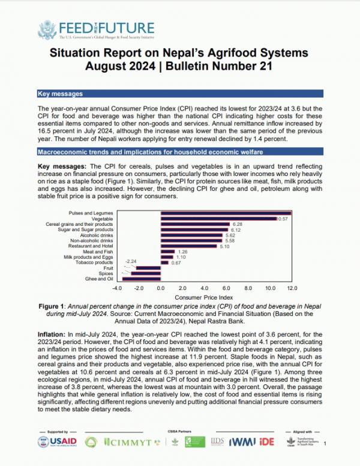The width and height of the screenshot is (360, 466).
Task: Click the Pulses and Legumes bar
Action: point(226,213)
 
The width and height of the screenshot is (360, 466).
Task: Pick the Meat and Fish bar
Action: point(167,252)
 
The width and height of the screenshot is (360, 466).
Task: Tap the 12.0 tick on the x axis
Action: point(292,288)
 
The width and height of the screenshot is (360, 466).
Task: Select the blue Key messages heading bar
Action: point(180,94)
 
